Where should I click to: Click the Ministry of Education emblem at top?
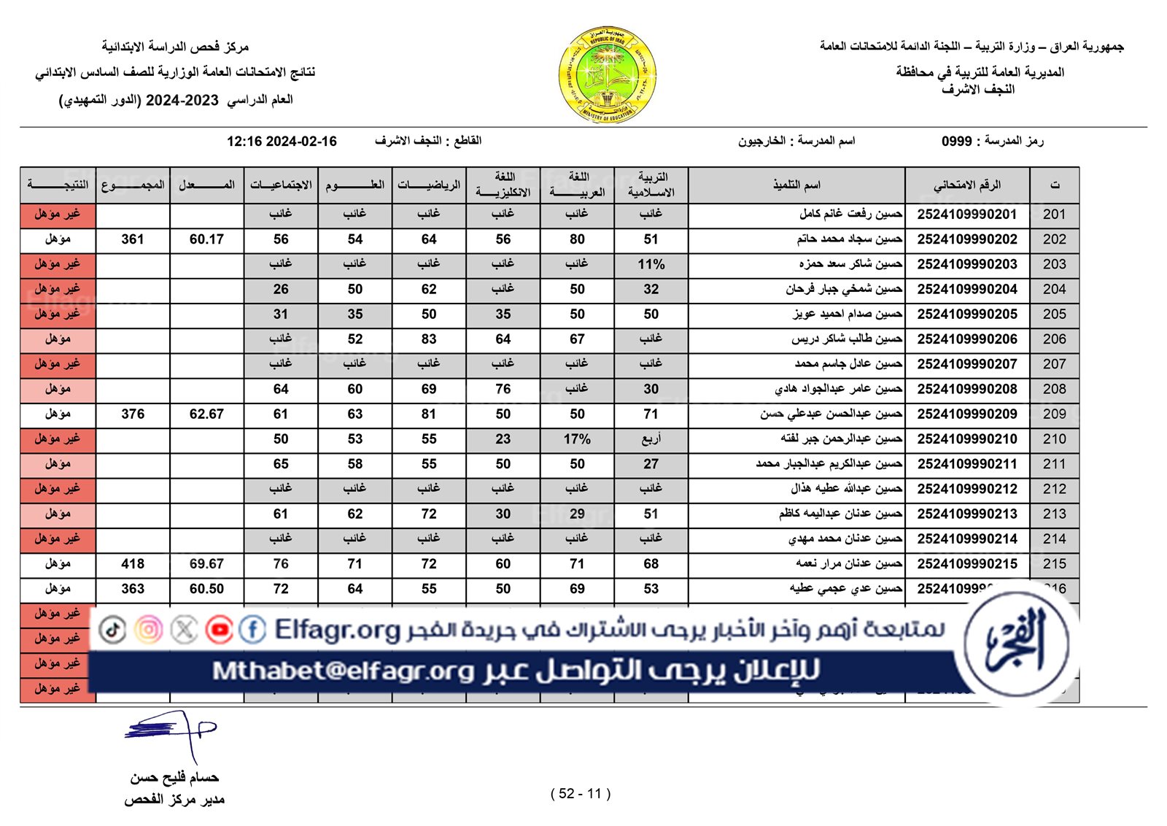click(x=608, y=74)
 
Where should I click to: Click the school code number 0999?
click(x=956, y=142)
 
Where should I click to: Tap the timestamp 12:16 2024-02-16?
click(x=282, y=142)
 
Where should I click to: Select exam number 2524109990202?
click(x=966, y=239)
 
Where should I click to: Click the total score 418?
click(x=133, y=564)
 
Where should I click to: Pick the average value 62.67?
click(x=206, y=414)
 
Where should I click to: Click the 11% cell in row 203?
click(x=651, y=265)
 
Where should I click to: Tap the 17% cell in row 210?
click(x=577, y=439)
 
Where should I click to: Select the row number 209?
click(x=1054, y=414)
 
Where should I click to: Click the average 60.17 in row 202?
click(x=206, y=239)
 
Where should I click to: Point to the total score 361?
click(x=133, y=239)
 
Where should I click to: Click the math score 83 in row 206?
click(x=429, y=339)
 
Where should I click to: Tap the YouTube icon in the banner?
click(x=219, y=630)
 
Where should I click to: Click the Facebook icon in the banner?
click(x=252, y=630)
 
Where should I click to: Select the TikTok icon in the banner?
click(x=112, y=630)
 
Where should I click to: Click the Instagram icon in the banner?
click(x=148, y=630)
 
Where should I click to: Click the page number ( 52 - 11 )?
click(x=581, y=794)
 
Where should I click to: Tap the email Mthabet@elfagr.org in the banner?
click(x=343, y=671)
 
